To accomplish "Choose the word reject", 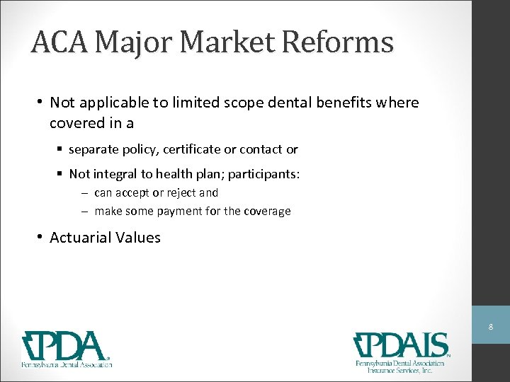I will coord(181,192).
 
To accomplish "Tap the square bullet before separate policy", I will coord(62,149).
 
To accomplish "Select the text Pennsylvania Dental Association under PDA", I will coord(67,364).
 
